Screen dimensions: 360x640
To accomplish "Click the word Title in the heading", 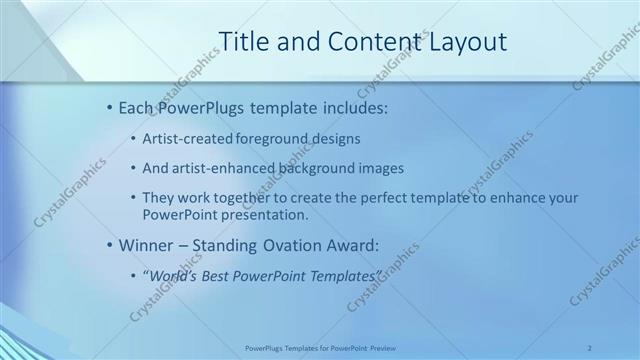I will pyautogui.click(x=241, y=42).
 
